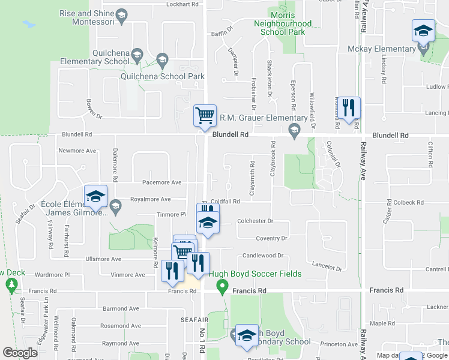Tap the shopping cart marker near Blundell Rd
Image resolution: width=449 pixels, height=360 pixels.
[205, 115]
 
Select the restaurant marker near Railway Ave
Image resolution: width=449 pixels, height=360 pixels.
[348, 107]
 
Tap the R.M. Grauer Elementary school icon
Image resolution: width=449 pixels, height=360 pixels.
[294, 130]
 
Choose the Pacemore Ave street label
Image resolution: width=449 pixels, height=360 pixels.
[161, 182]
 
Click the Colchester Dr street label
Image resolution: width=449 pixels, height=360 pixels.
[255, 221]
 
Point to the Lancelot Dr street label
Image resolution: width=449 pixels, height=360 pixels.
[327, 265]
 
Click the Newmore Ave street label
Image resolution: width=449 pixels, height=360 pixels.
[77, 151]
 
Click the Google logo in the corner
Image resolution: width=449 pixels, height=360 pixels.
[20, 353]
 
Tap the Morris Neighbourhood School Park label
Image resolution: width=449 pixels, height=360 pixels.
[283, 23]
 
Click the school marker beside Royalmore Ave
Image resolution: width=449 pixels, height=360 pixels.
[95, 196]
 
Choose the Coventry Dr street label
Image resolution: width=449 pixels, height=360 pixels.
[271, 238]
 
